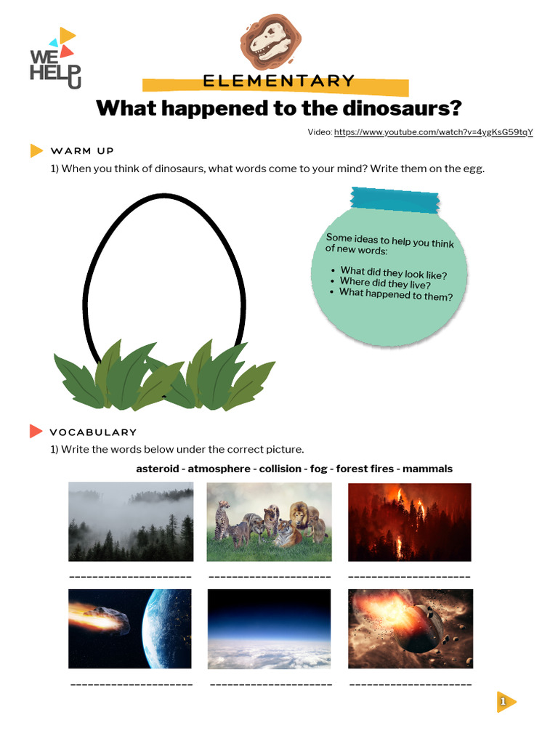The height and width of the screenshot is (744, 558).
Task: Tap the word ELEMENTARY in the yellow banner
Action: point(279,81)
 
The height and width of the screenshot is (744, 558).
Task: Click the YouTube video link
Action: point(433,132)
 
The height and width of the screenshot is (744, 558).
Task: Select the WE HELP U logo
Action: point(54,60)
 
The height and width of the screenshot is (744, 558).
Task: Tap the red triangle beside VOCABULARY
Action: point(36,432)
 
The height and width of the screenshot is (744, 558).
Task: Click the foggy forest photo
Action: point(131,522)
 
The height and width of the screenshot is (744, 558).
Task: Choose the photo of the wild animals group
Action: point(269,522)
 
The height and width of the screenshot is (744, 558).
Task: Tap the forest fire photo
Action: point(410,522)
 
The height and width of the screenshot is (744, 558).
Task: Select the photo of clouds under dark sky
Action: point(269,628)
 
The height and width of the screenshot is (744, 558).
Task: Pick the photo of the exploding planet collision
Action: point(411,628)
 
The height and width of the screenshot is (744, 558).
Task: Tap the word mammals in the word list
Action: point(427,469)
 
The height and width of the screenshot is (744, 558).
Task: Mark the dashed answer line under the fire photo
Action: point(410,577)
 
